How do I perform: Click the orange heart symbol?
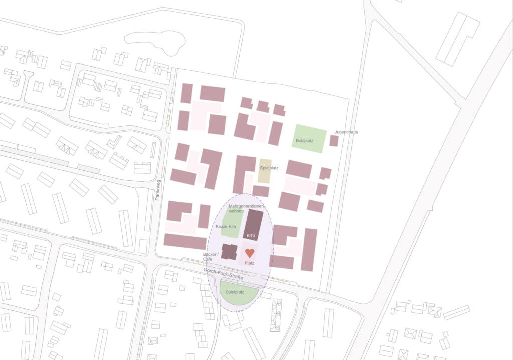pyautogui.click(x=250, y=253)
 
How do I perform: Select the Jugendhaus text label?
pyautogui.click(x=346, y=132)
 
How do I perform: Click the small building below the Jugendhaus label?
pyautogui.click(x=334, y=141)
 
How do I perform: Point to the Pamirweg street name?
pyautogui.click(x=157, y=191)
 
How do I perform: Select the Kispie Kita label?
pyautogui.click(x=226, y=227)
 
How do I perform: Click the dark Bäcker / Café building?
pyautogui.click(x=229, y=252)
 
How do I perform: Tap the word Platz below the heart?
pyautogui.click(x=250, y=263)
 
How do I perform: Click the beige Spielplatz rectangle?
pyautogui.click(x=264, y=173)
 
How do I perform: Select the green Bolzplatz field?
pyautogui.click(x=309, y=138)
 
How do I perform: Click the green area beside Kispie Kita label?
pyautogui.click(x=232, y=220)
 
